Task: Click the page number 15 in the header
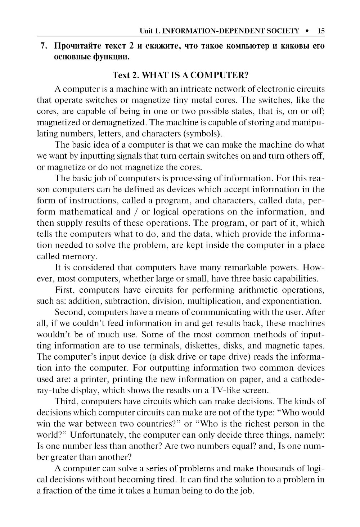(x=321, y=31)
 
